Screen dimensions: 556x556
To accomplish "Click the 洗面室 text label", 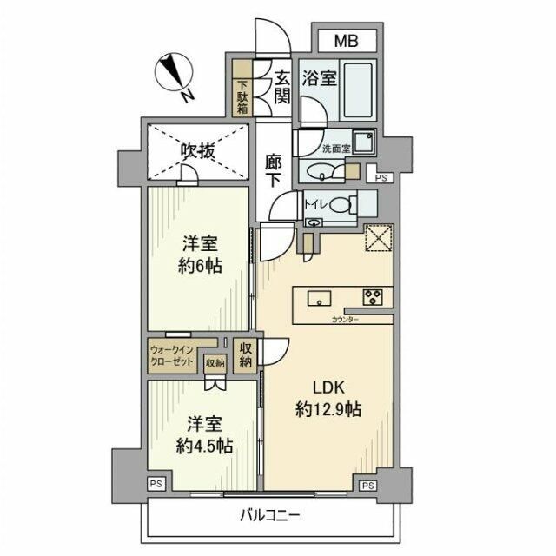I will [x=336, y=148].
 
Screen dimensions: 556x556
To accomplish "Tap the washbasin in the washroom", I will [x=328, y=172].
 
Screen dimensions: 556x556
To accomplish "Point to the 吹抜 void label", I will [x=197, y=151].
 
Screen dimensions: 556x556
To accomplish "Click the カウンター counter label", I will [x=346, y=320].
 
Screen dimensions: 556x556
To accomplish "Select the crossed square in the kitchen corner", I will [x=378, y=236].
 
